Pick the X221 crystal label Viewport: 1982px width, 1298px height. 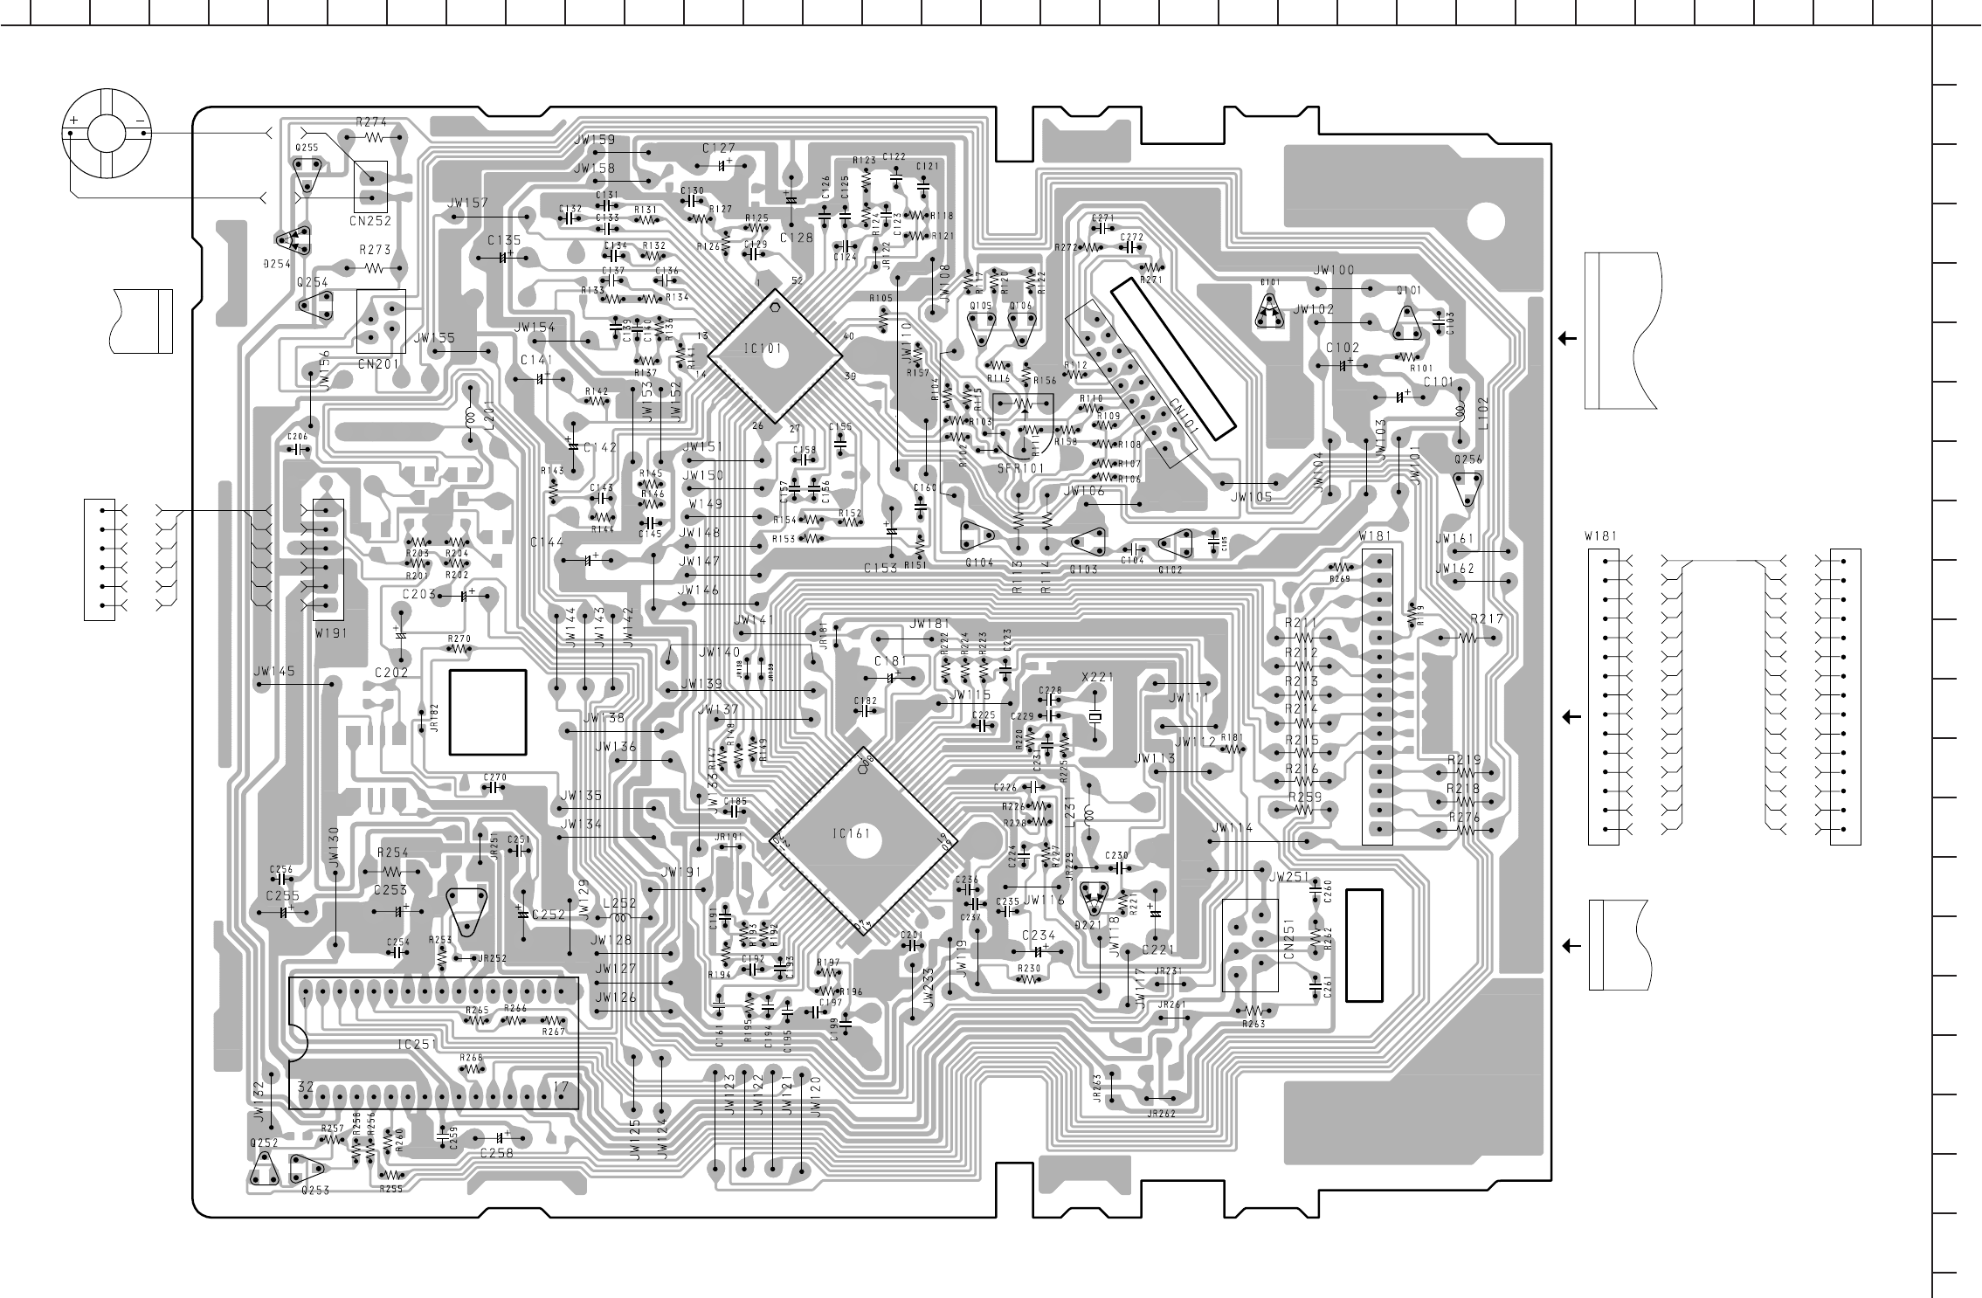pyautogui.click(x=1097, y=676)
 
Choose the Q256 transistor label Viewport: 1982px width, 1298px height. pyautogui.click(x=1468, y=459)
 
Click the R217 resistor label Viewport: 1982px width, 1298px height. pyautogui.click(x=1487, y=619)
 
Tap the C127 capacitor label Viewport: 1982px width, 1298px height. pyautogui.click(x=718, y=148)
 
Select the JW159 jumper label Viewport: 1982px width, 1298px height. pyautogui.click(x=595, y=140)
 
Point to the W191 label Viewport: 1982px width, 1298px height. pyautogui.click(x=328, y=634)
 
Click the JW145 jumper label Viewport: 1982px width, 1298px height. pyautogui.click(x=274, y=672)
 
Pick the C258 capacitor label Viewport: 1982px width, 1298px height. pyautogui.click(x=496, y=1152)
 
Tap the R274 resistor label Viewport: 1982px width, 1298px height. pyautogui.click(x=372, y=122)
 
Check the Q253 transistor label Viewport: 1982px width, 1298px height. pyautogui.click(x=314, y=1190)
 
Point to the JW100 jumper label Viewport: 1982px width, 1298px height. pyautogui.click(x=1334, y=271)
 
